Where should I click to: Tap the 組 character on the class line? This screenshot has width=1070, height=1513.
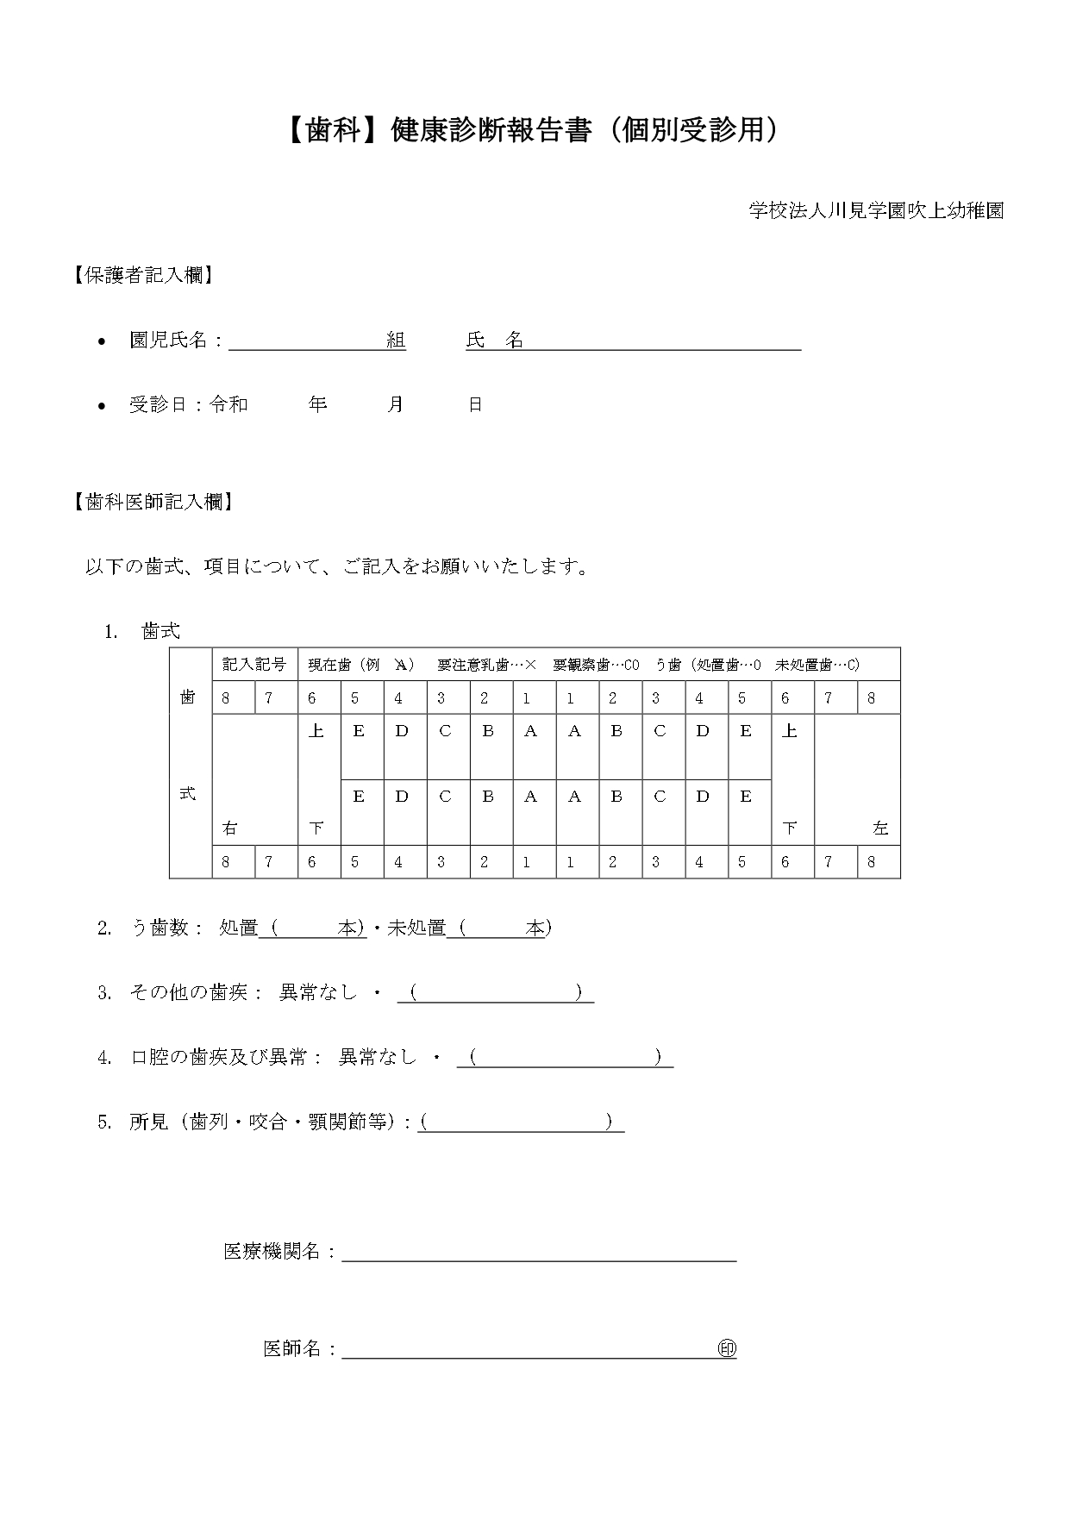pos(396,341)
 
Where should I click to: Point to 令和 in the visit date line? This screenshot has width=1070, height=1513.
pos(228,404)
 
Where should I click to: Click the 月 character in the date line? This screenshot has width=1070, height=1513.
pos(395,404)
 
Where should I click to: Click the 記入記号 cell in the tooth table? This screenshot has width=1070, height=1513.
pos(254,665)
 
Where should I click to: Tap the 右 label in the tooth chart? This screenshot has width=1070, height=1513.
pos(229,828)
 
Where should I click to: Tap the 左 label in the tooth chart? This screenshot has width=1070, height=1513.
pos(879,828)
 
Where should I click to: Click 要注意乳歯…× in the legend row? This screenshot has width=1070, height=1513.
pos(486,665)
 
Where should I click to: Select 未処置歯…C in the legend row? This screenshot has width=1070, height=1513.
pos(817,665)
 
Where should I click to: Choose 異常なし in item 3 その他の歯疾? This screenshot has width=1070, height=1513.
pos(317,992)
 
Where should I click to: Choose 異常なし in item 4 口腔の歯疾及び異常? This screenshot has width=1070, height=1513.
pos(377,1057)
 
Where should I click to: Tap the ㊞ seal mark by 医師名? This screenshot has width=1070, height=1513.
pos(727,1349)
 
